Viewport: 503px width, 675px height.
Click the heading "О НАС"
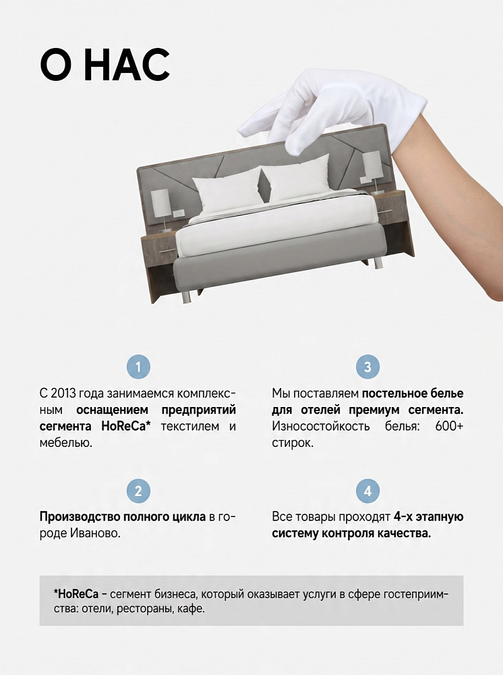pos(105,65)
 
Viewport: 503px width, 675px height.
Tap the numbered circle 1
pos(138,367)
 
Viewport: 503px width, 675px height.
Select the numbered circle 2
pos(138,491)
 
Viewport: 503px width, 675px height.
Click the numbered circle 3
pos(367,367)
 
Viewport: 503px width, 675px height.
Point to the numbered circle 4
pos(367,491)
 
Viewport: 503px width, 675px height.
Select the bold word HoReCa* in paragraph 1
pos(126,426)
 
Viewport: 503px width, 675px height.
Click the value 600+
pos(449,426)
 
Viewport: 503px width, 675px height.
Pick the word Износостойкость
pos(321,426)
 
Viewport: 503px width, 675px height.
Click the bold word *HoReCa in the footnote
pos(76,594)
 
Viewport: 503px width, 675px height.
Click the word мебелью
pos(66,443)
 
